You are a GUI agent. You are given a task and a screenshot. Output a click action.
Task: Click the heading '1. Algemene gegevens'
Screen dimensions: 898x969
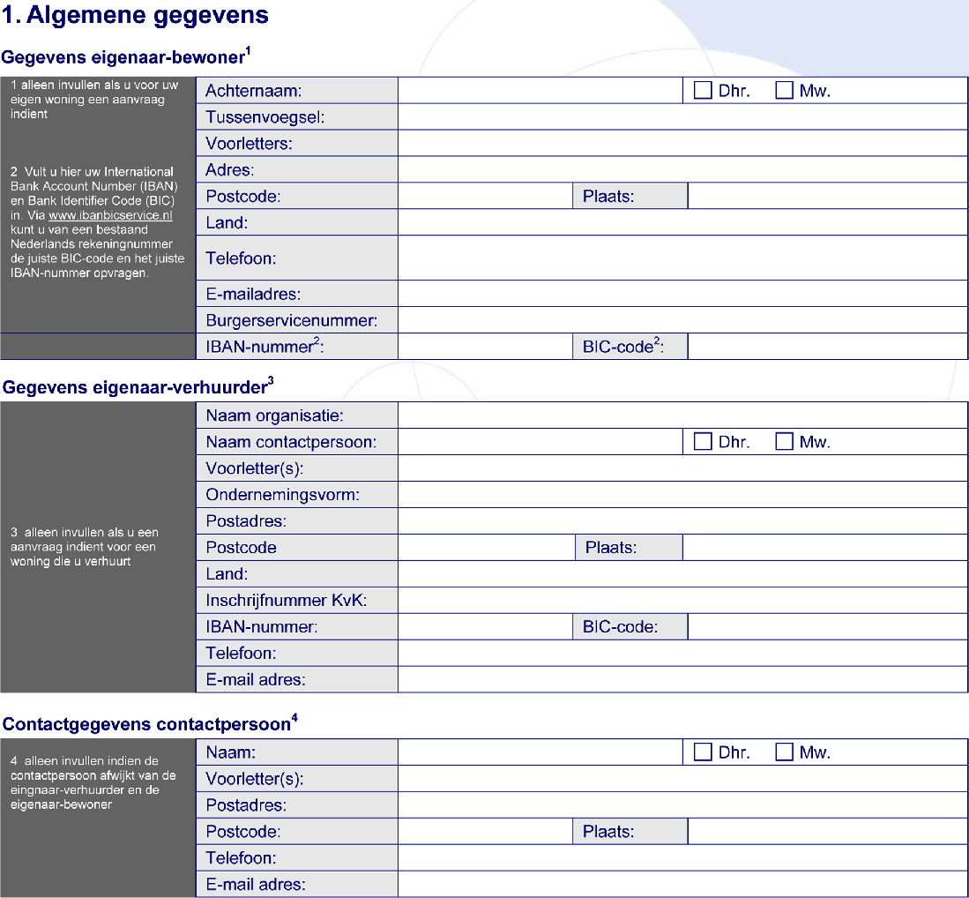coord(136,15)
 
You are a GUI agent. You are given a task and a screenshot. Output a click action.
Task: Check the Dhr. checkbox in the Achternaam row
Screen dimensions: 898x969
coord(703,90)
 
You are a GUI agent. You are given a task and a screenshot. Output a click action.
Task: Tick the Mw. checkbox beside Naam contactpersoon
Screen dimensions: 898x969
coord(784,442)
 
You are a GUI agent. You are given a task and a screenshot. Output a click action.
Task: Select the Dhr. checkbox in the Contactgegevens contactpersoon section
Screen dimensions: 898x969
coord(703,752)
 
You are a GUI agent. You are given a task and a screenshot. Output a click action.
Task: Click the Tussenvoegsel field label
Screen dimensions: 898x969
coord(265,116)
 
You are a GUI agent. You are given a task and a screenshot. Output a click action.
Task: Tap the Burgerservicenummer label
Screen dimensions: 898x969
coord(291,320)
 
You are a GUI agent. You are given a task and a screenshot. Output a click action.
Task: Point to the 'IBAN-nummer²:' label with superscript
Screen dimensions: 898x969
coord(265,347)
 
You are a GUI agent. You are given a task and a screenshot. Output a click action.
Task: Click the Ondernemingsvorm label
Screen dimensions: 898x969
coord(282,495)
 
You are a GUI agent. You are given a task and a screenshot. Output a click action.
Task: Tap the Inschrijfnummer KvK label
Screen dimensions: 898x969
coord(286,601)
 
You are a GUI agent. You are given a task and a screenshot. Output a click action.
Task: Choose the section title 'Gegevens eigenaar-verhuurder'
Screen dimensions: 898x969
coord(138,387)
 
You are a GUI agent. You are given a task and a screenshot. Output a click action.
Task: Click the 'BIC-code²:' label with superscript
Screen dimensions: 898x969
coord(622,347)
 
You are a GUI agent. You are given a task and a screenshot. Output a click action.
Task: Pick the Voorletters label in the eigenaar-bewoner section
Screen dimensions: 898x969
coord(249,143)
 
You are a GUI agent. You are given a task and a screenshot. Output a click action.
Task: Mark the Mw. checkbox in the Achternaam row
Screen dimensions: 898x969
coord(784,90)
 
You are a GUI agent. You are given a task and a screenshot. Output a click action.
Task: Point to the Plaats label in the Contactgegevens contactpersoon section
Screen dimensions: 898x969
coord(608,832)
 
